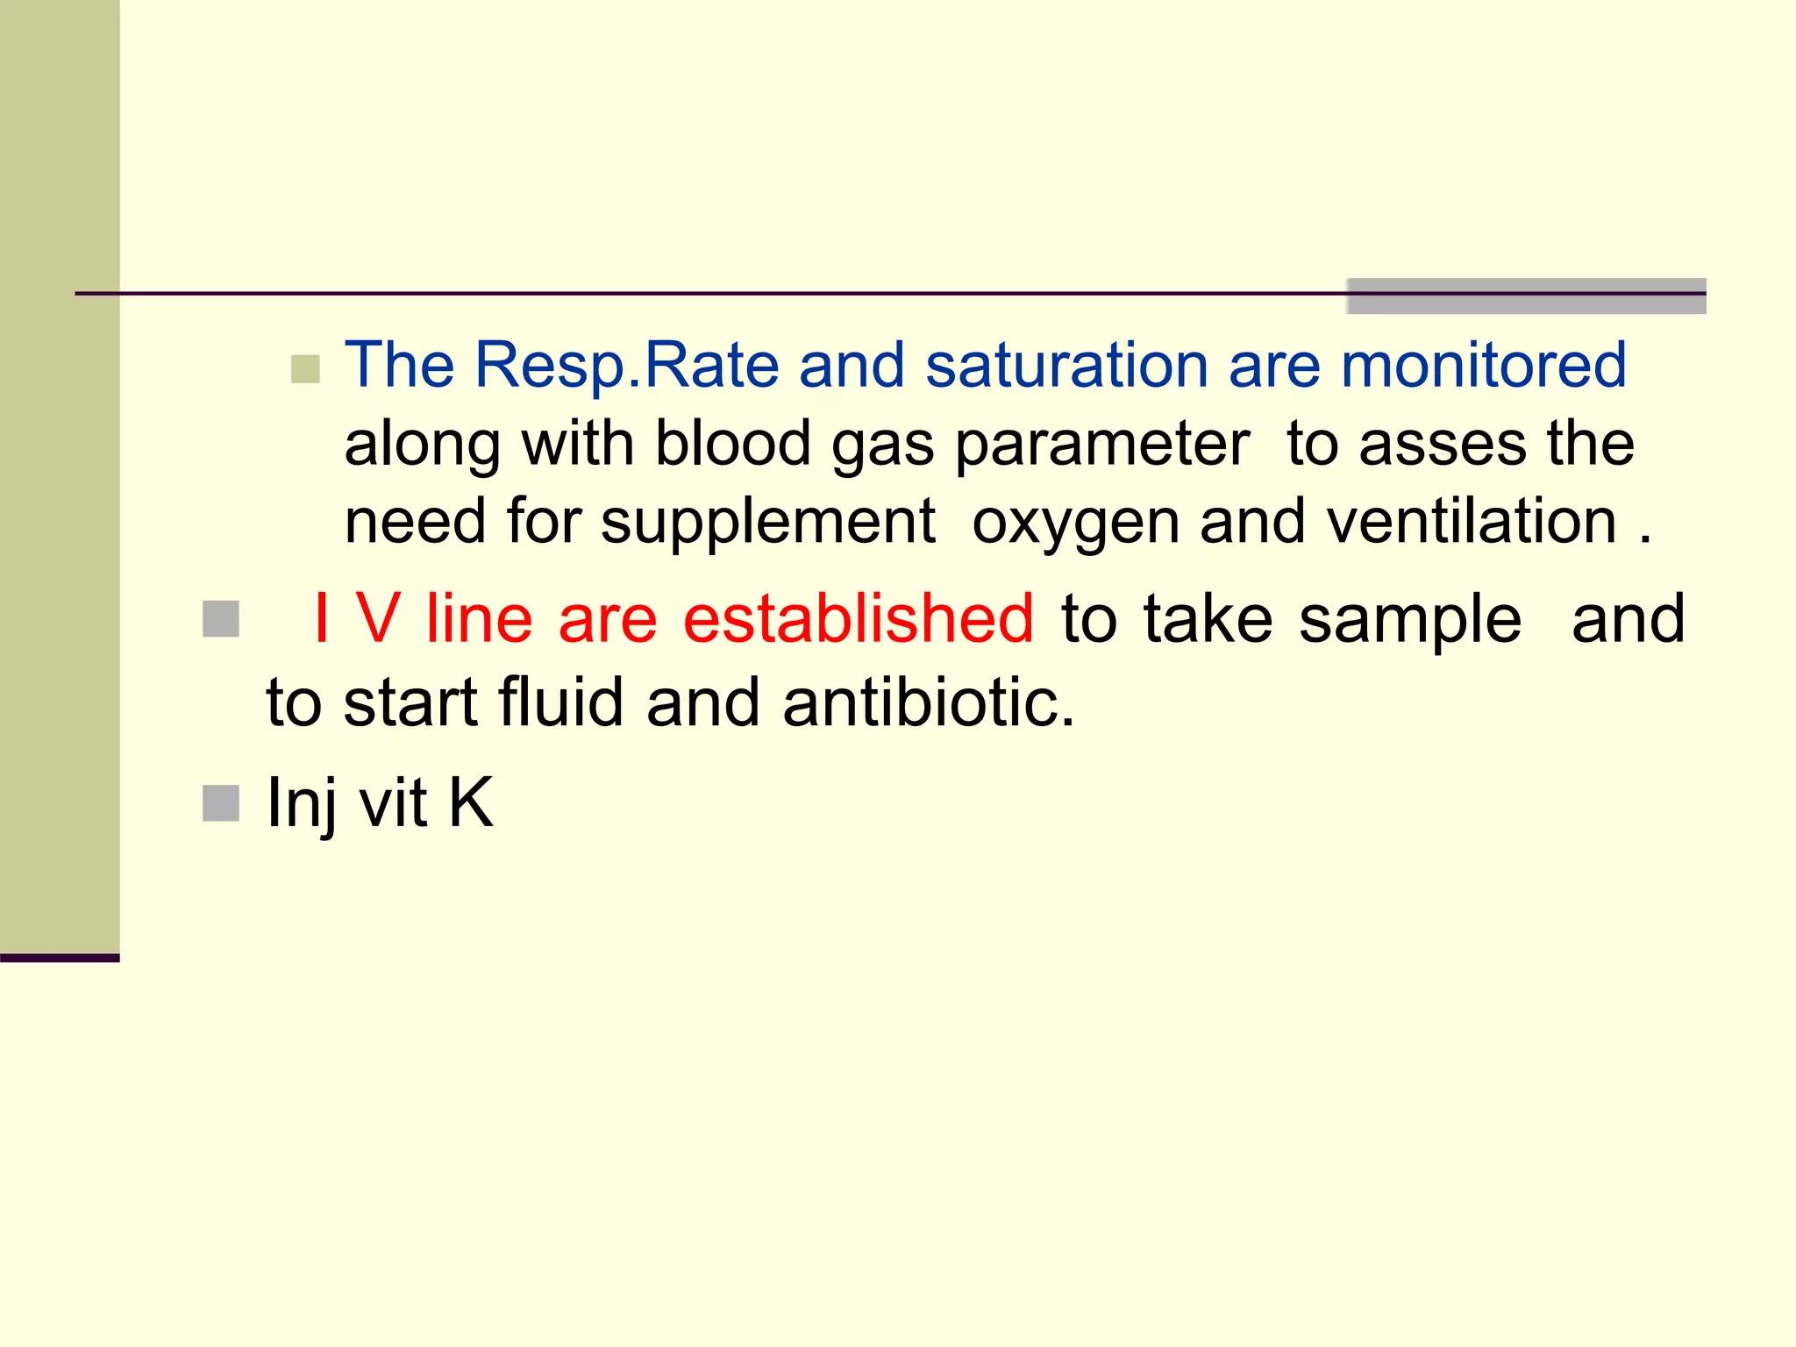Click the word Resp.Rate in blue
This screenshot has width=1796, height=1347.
626,365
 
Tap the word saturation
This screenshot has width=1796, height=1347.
1066,365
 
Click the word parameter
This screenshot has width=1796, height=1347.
1101,445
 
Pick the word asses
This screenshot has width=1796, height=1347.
1442,445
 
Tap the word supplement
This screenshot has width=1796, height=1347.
768,524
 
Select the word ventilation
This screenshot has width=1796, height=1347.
1472,522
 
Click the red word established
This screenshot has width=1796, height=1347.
859,618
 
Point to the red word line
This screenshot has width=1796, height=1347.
479,618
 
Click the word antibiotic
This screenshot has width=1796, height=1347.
928,702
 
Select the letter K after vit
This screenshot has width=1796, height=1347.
471,802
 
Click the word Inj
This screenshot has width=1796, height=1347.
301,803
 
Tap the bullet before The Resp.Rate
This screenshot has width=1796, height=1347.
305,369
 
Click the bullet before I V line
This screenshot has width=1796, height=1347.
221,619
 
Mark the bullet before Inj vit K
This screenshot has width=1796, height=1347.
221,803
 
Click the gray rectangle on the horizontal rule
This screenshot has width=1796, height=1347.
1526,296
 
